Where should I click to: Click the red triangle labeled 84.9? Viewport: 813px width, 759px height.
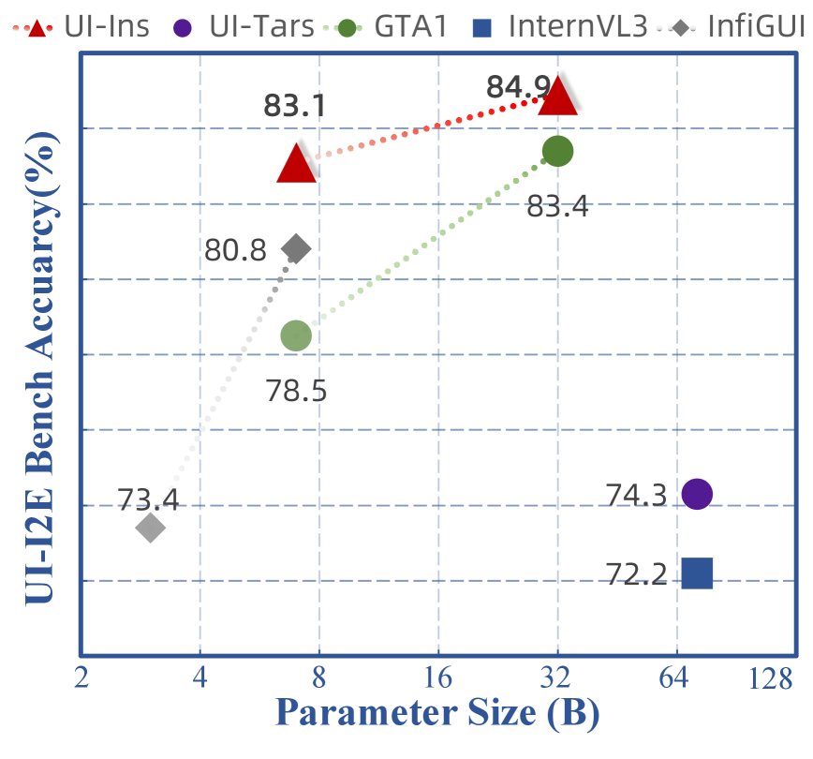coord(558,95)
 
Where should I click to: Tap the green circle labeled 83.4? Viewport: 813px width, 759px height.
coord(557,151)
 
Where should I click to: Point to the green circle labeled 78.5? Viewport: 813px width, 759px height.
coord(296,335)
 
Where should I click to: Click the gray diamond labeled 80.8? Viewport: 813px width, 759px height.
coord(296,248)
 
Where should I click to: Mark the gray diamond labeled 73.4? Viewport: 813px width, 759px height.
coord(150,528)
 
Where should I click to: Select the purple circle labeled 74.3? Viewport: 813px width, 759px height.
coord(697,493)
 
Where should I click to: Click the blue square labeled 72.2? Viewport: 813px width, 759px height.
coord(697,572)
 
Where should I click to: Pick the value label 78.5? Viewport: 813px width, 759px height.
coord(296,389)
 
